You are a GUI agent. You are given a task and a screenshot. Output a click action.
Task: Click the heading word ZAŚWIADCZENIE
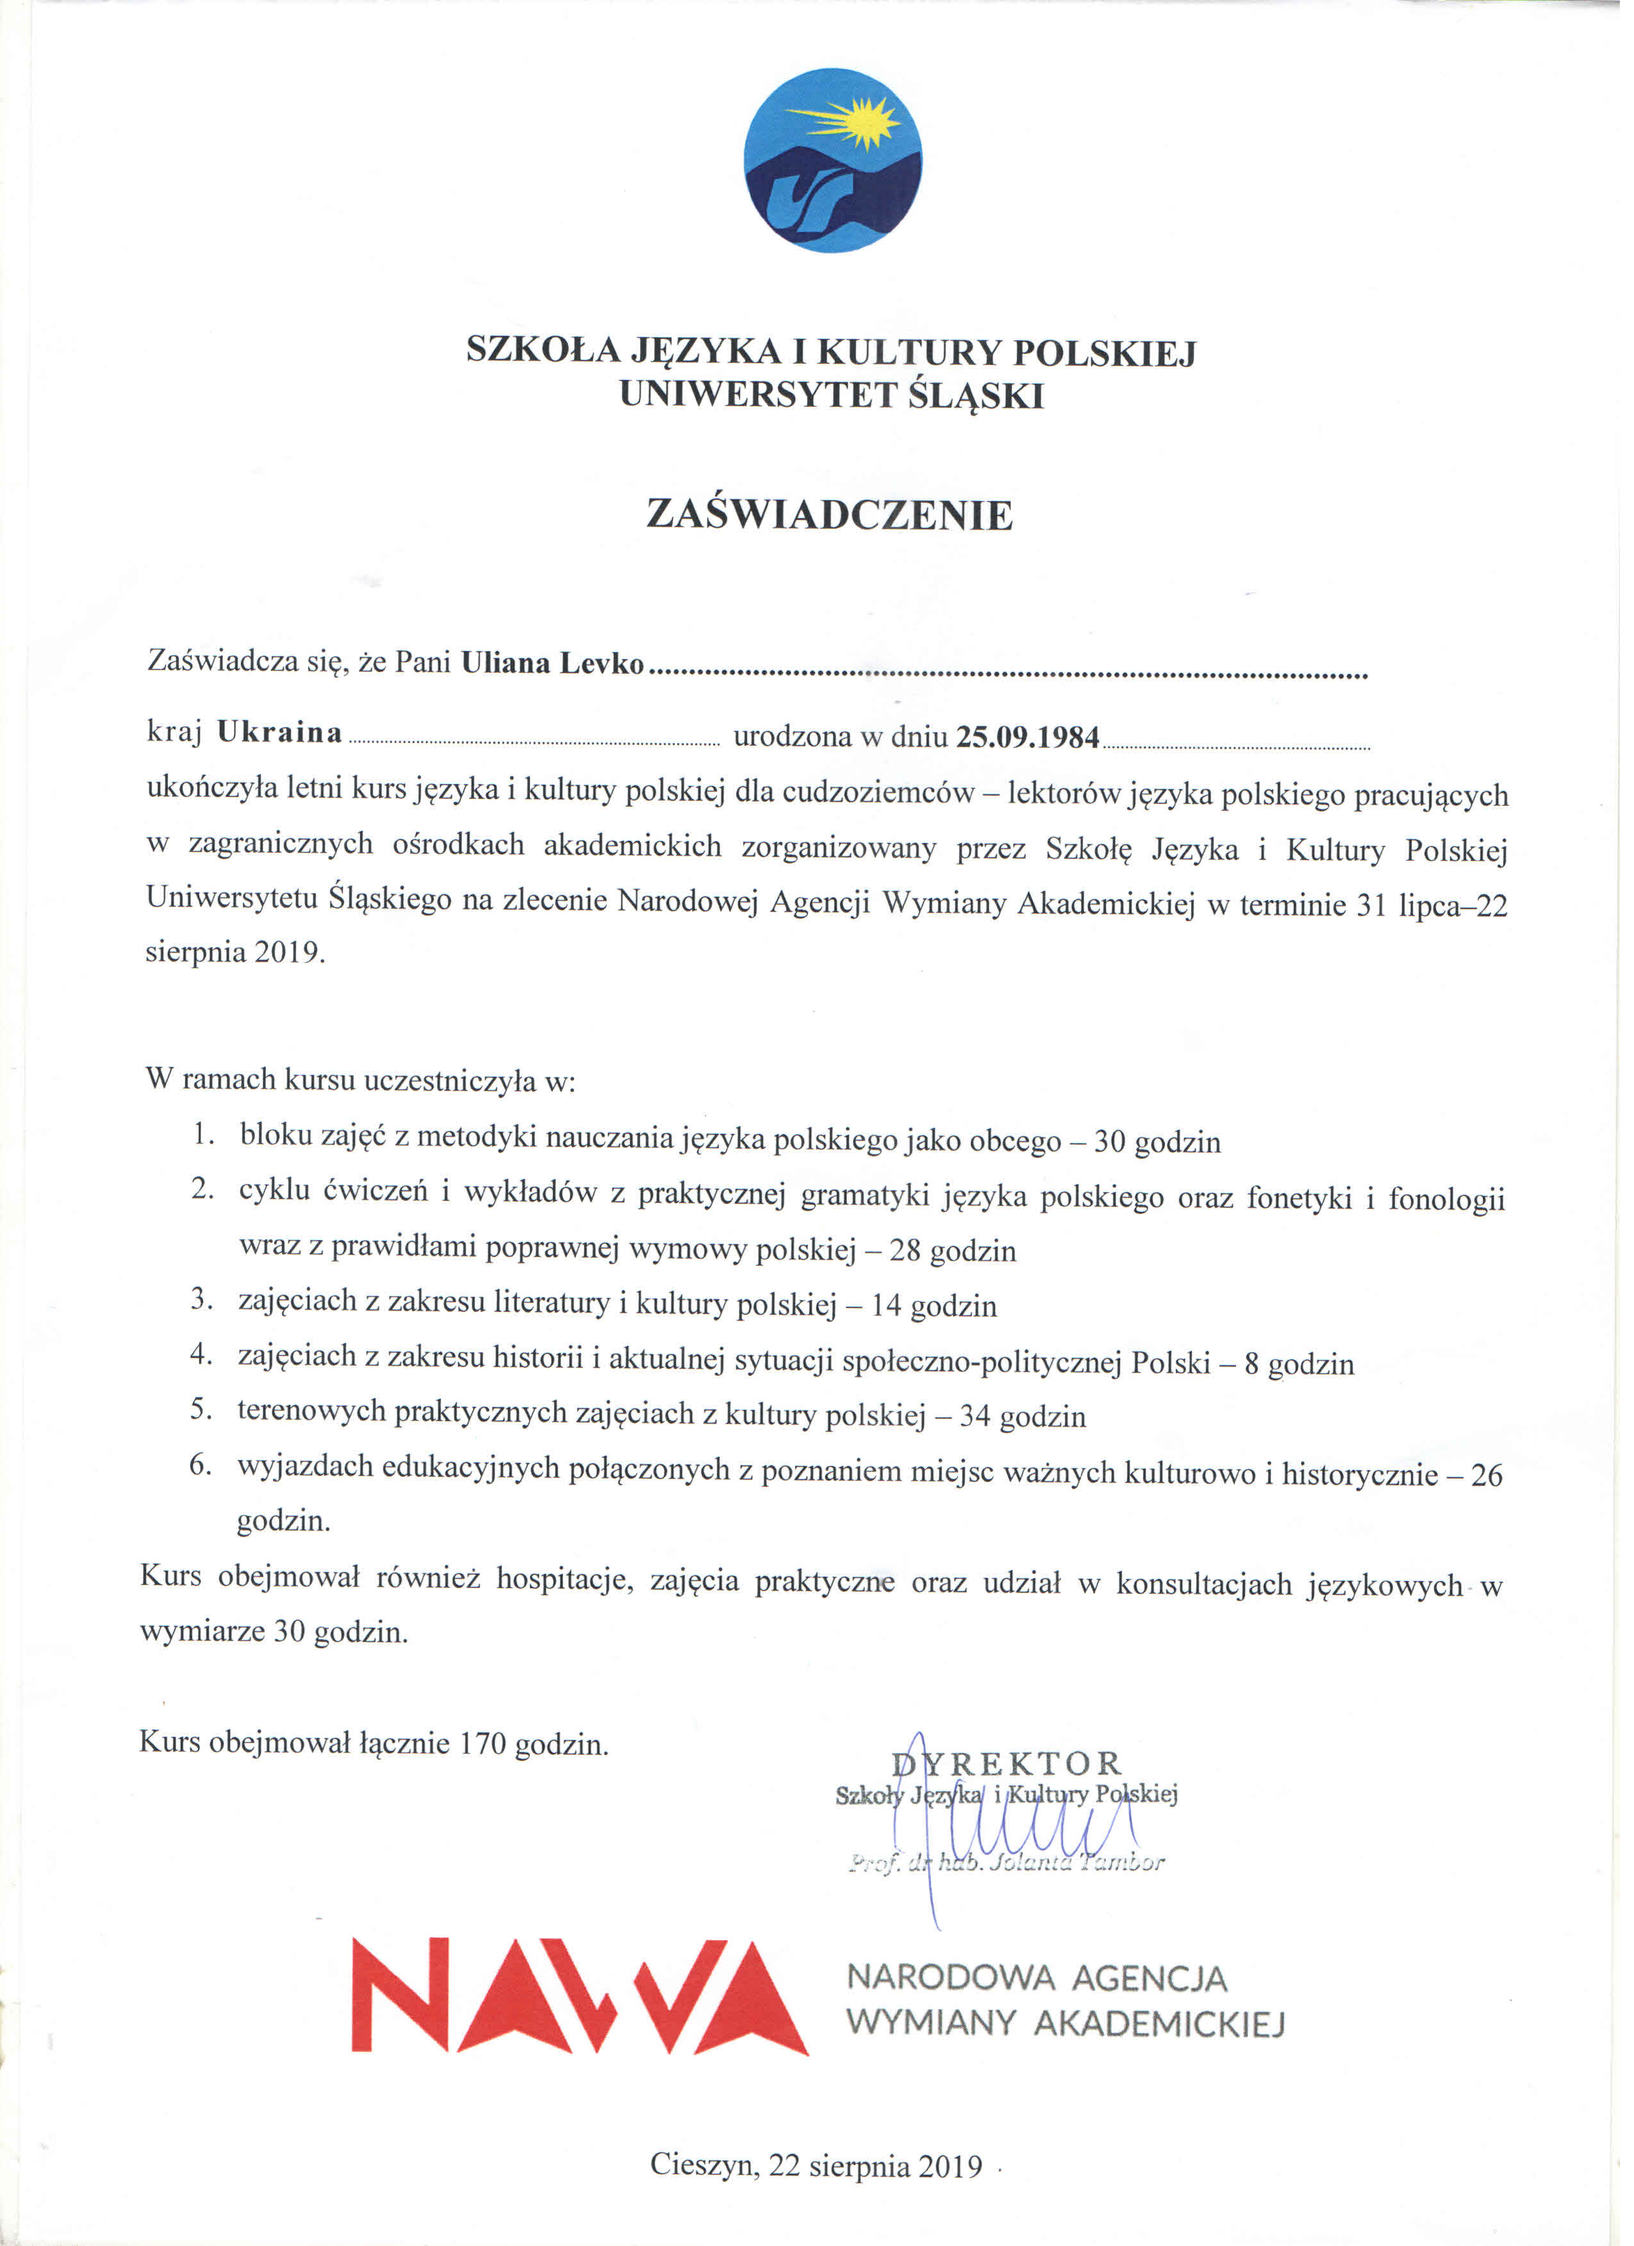[830, 515]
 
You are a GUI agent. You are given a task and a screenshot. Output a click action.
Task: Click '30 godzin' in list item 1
[1158, 1143]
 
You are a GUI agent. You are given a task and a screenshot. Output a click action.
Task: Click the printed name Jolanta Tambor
[1075, 1863]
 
